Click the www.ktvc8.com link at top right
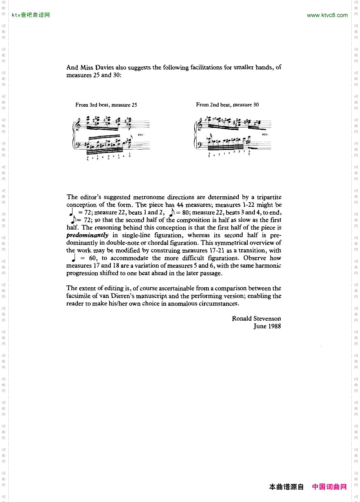pyautogui.click(x=327, y=15)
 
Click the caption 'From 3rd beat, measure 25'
pyautogui.click(x=106, y=105)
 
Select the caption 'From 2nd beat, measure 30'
pyautogui.click(x=227, y=105)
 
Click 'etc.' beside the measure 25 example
pyautogui.click(x=141, y=135)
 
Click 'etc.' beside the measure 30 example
pyautogui.click(x=265, y=134)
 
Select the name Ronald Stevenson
pyautogui.click(x=256, y=318)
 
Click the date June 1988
pyautogui.click(x=267, y=326)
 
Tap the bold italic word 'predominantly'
pyautogui.click(x=87, y=235)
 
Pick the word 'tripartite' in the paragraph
pyautogui.click(x=267, y=197)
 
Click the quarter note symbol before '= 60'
pyautogui.click(x=73, y=258)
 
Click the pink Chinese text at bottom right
pyautogui.click(x=329, y=487)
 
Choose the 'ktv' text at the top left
pyautogui.click(x=16, y=15)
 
